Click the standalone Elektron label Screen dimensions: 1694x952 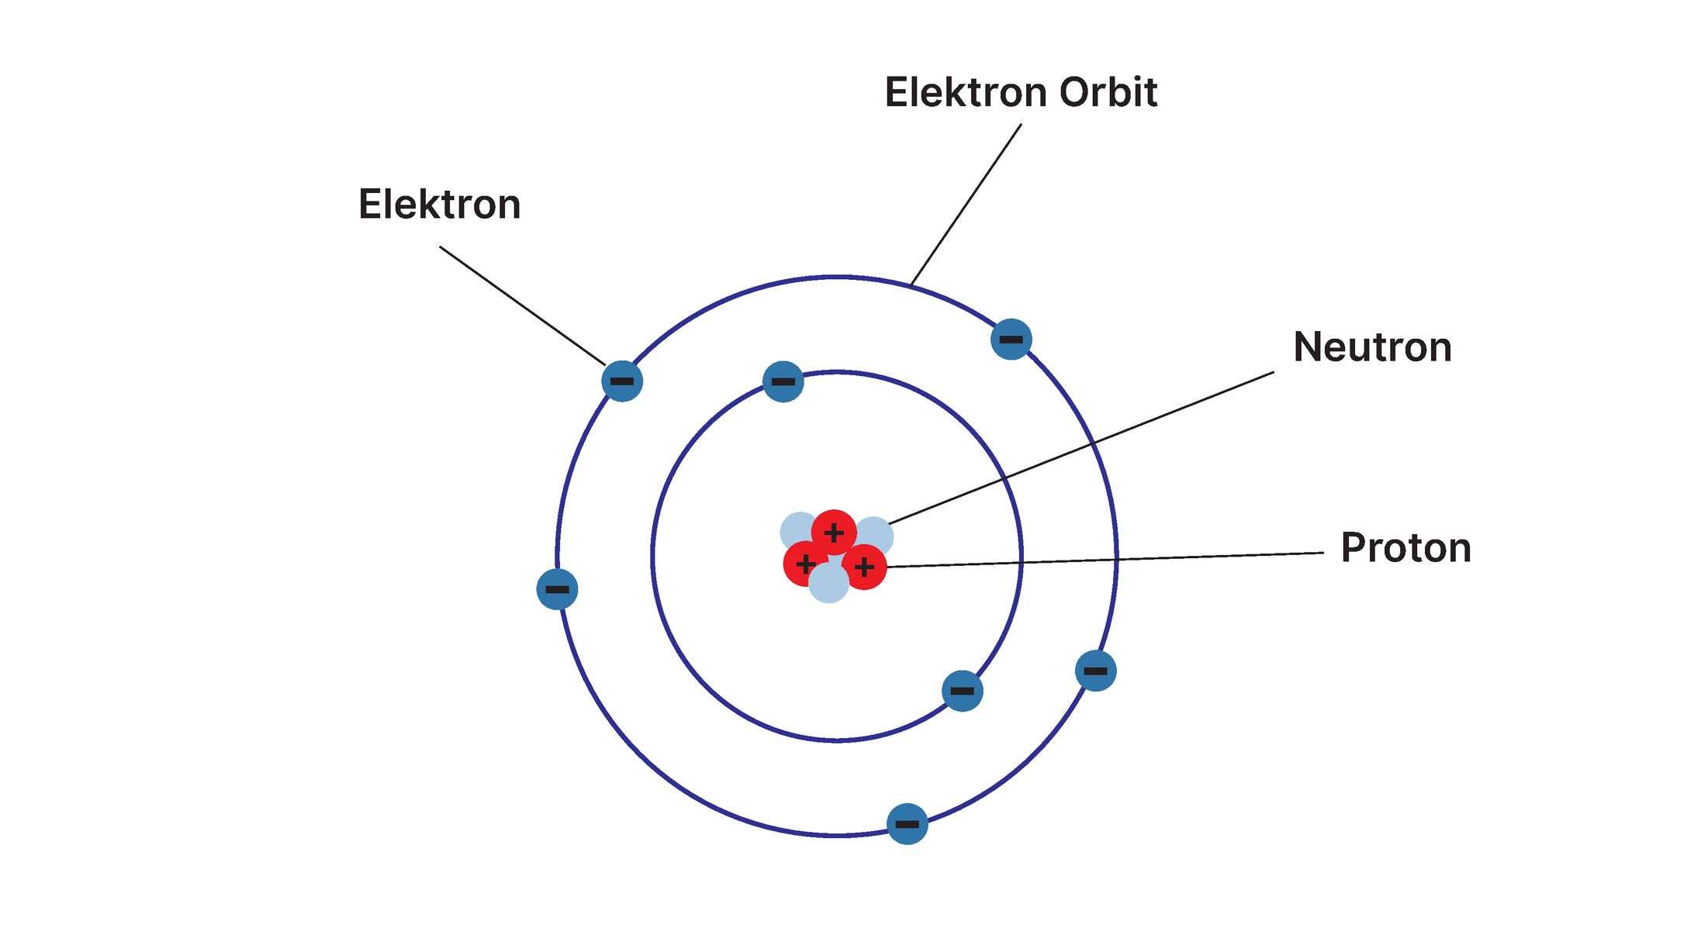(439, 205)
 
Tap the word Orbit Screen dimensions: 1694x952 (1108, 92)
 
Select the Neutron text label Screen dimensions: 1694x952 (1372, 347)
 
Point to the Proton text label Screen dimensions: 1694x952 (1405, 548)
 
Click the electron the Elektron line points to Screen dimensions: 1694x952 (622, 381)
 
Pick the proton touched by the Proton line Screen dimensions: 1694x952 (864, 567)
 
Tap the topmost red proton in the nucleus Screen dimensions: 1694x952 (834, 533)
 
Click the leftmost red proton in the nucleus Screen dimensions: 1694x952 (806, 564)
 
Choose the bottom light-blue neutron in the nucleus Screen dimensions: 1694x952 (829, 582)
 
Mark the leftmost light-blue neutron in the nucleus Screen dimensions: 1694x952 (799, 533)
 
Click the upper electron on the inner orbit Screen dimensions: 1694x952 (783, 381)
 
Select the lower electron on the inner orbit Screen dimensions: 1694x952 (963, 691)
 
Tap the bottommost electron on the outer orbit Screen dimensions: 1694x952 (907, 823)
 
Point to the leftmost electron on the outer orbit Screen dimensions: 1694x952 (557, 589)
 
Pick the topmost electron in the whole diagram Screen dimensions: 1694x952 (1011, 339)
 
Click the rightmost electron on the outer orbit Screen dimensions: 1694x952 (1096, 671)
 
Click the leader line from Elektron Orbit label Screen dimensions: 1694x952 (966, 205)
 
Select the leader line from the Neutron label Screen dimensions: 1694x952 (1081, 448)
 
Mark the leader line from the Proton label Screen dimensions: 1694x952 (1105, 560)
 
